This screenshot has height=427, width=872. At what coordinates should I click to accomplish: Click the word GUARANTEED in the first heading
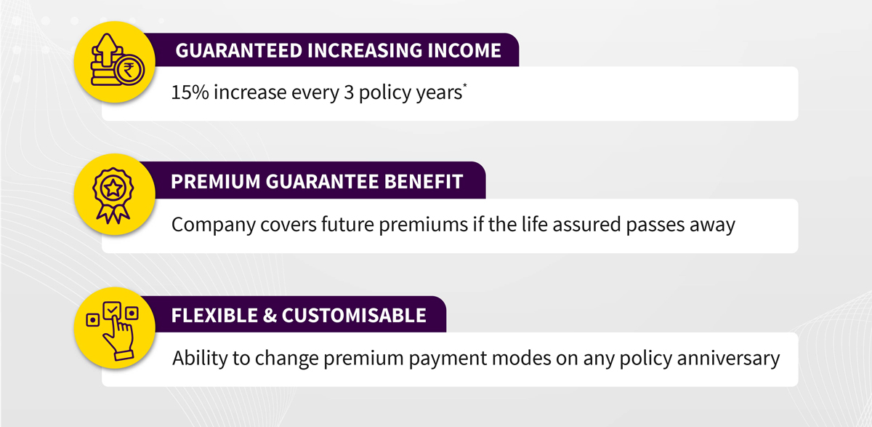238,51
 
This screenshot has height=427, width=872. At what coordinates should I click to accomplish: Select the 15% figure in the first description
190,92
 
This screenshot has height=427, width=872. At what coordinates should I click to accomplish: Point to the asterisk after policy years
465,85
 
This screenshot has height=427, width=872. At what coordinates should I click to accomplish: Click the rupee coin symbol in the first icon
129,71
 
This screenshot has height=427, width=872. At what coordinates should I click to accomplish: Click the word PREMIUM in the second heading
216,182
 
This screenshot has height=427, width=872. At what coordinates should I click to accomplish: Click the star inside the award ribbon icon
113,189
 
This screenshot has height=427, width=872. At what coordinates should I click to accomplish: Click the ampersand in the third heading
270,316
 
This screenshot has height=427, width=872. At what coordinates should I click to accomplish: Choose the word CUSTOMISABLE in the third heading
354,316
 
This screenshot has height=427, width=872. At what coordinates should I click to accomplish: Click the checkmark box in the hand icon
112,311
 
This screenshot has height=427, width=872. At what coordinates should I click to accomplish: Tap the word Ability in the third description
200,359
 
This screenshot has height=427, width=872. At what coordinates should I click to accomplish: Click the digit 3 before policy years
349,92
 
